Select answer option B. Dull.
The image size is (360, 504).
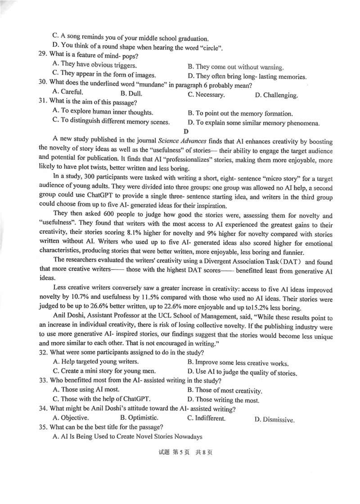coord(131,94)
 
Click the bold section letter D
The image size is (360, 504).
coord(186,131)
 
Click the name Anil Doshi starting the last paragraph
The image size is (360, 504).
coord(69,318)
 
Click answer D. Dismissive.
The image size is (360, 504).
coord(274,420)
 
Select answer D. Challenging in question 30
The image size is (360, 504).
coord(276,95)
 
